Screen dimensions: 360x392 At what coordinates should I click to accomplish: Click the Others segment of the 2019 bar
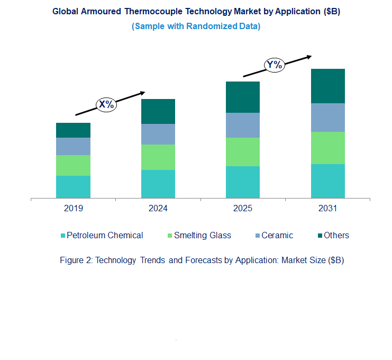coord(73,130)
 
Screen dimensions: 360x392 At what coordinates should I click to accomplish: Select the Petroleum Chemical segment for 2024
coord(158,184)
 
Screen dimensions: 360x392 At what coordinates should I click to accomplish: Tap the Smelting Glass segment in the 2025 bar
coord(242,152)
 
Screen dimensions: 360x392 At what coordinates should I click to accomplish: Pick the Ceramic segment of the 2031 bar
coord(327,118)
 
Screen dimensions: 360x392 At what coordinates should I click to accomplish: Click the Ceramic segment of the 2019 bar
coord(73,146)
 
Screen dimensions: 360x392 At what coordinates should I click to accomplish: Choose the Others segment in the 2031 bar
coord(327,86)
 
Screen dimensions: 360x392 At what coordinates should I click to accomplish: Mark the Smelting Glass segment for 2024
coord(158,157)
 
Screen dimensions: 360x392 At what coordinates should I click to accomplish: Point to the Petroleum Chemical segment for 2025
coord(242,182)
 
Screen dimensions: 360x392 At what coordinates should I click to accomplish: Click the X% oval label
coord(106,104)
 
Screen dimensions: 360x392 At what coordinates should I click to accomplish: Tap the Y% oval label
coord(275,65)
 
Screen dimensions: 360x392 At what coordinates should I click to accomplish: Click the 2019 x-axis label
coord(73,209)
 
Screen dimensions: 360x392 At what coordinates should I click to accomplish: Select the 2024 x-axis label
coord(158,209)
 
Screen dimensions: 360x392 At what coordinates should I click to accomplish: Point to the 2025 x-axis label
coord(242,209)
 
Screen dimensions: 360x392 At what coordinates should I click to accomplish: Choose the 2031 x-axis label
coord(327,209)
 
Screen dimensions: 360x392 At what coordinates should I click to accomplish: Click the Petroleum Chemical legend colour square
coord(63,236)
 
